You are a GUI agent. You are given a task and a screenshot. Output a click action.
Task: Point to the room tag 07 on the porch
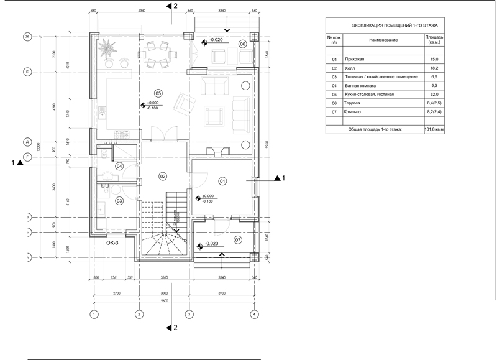click(237, 239)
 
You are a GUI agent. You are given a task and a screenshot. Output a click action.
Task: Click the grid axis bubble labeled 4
click(253, 314)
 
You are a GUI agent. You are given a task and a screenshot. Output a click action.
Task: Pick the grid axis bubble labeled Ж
click(27, 37)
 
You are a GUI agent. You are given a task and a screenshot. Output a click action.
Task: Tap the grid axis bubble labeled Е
click(27, 72)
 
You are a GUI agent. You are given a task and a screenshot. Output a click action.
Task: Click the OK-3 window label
click(112, 242)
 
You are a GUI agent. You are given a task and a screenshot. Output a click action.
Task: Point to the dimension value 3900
click(222, 292)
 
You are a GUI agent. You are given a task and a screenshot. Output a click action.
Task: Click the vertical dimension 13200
click(39, 147)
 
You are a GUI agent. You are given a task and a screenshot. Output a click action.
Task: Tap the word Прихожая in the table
click(353, 58)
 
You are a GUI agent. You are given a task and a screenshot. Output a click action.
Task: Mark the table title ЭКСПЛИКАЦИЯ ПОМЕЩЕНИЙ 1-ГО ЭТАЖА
click(386, 25)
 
